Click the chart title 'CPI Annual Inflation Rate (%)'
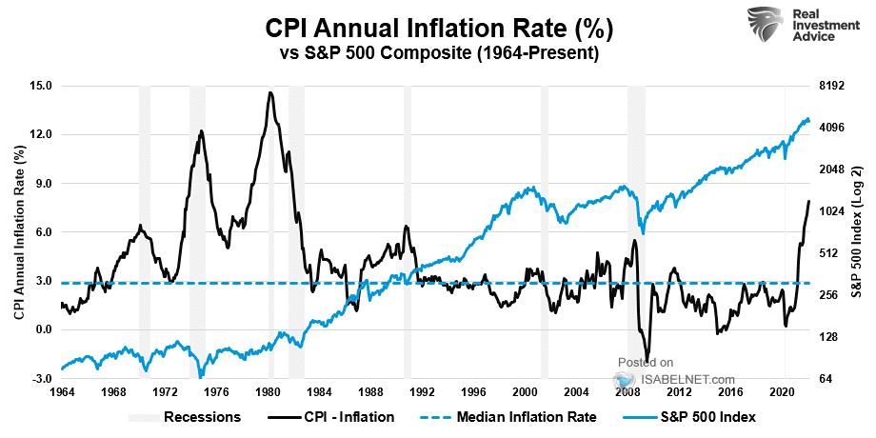[437, 28]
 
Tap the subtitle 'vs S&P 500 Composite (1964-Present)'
[437, 54]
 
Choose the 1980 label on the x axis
[268, 392]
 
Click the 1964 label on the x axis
[62, 392]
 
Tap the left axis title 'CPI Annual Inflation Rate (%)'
[18, 232]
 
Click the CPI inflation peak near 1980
[271, 92]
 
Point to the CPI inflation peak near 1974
[202, 130]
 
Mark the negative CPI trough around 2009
[647, 361]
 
